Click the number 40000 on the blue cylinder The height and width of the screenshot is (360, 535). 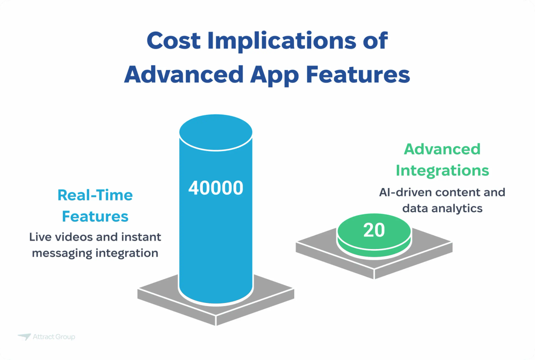[x=216, y=188]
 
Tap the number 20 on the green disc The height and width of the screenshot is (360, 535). [x=374, y=230]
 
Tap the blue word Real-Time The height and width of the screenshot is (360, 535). [x=95, y=195]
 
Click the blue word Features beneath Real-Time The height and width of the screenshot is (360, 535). [x=95, y=216]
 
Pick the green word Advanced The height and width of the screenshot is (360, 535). [x=442, y=149]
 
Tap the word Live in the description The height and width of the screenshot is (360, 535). [x=39, y=237]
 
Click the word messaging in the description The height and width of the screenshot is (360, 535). [x=60, y=253]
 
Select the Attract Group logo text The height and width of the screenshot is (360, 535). [x=53, y=337]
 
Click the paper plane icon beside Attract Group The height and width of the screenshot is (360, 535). [x=24, y=337]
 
